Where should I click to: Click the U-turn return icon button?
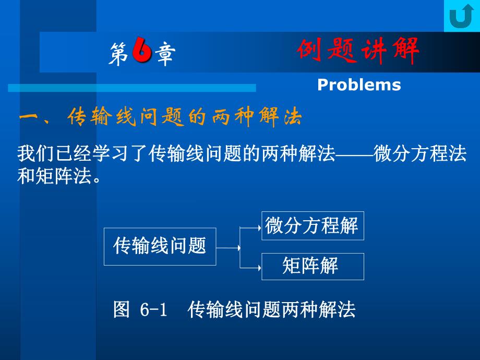461,16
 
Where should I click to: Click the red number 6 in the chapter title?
141,53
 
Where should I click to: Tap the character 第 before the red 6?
118,54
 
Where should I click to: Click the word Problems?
359,85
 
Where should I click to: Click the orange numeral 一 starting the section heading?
31,117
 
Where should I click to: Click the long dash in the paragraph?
354,155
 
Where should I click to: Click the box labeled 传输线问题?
160,246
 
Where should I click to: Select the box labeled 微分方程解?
312,225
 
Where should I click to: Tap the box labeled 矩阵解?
312,266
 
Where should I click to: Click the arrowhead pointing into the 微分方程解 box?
258,227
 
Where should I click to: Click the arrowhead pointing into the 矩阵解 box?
258,268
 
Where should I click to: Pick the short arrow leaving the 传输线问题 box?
228,247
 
